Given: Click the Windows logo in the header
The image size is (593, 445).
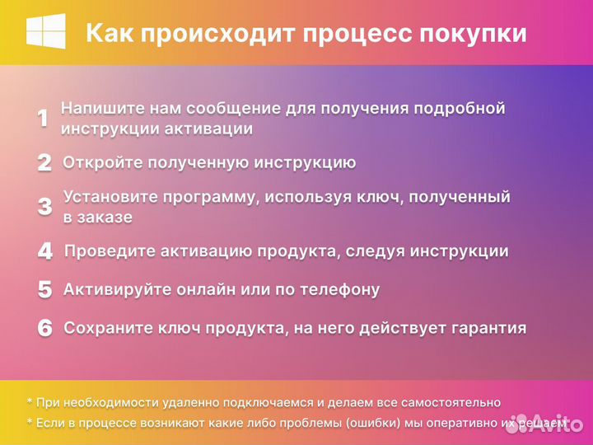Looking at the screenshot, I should [46, 32].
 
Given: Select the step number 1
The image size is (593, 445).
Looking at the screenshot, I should [43, 119].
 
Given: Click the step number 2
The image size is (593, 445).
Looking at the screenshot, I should [44, 162].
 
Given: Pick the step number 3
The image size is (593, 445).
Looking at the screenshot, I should [44, 206].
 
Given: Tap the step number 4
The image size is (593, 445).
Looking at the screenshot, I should [44, 251].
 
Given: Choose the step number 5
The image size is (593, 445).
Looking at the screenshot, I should [44, 289].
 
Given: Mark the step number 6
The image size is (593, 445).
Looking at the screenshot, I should [44, 328].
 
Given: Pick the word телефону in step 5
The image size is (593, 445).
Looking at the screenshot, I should [338, 289].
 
